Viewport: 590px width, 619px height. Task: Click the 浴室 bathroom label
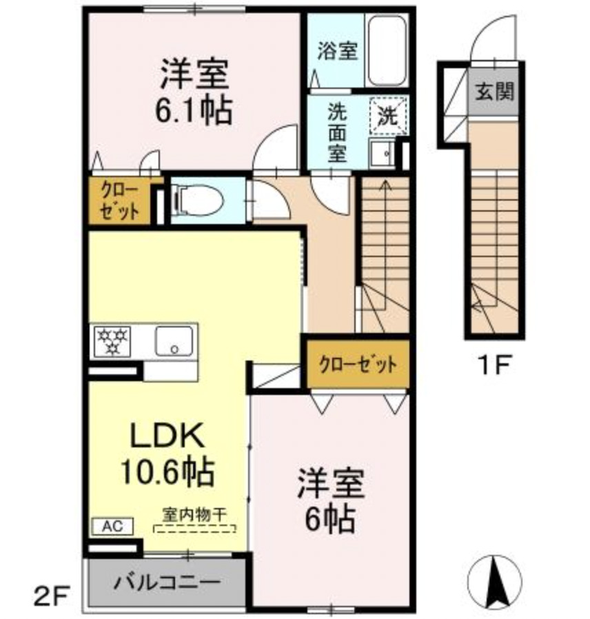click(336, 51)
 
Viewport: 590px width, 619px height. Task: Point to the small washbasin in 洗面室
click(379, 153)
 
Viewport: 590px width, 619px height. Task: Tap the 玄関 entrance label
click(494, 90)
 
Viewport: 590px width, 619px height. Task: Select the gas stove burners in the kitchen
click(112, 341)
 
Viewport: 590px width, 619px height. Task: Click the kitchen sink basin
click(173, 340)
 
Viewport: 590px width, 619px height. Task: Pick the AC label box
click(108, 526)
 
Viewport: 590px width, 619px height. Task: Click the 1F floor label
click(493, 363)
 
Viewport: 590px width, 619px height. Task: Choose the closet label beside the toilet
click(120, 201)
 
